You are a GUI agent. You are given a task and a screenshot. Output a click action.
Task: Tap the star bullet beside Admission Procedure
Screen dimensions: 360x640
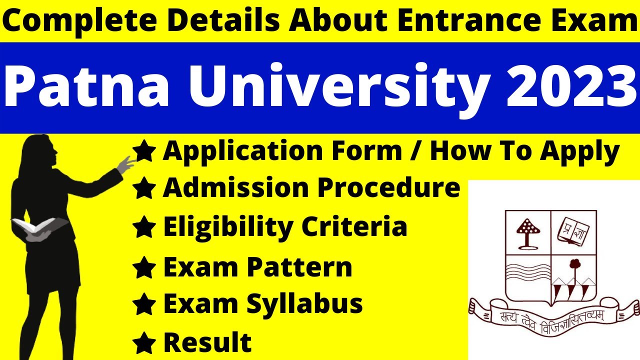click(144, 189)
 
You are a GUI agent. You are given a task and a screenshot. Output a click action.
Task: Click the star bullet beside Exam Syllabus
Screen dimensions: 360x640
click(144, 304)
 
